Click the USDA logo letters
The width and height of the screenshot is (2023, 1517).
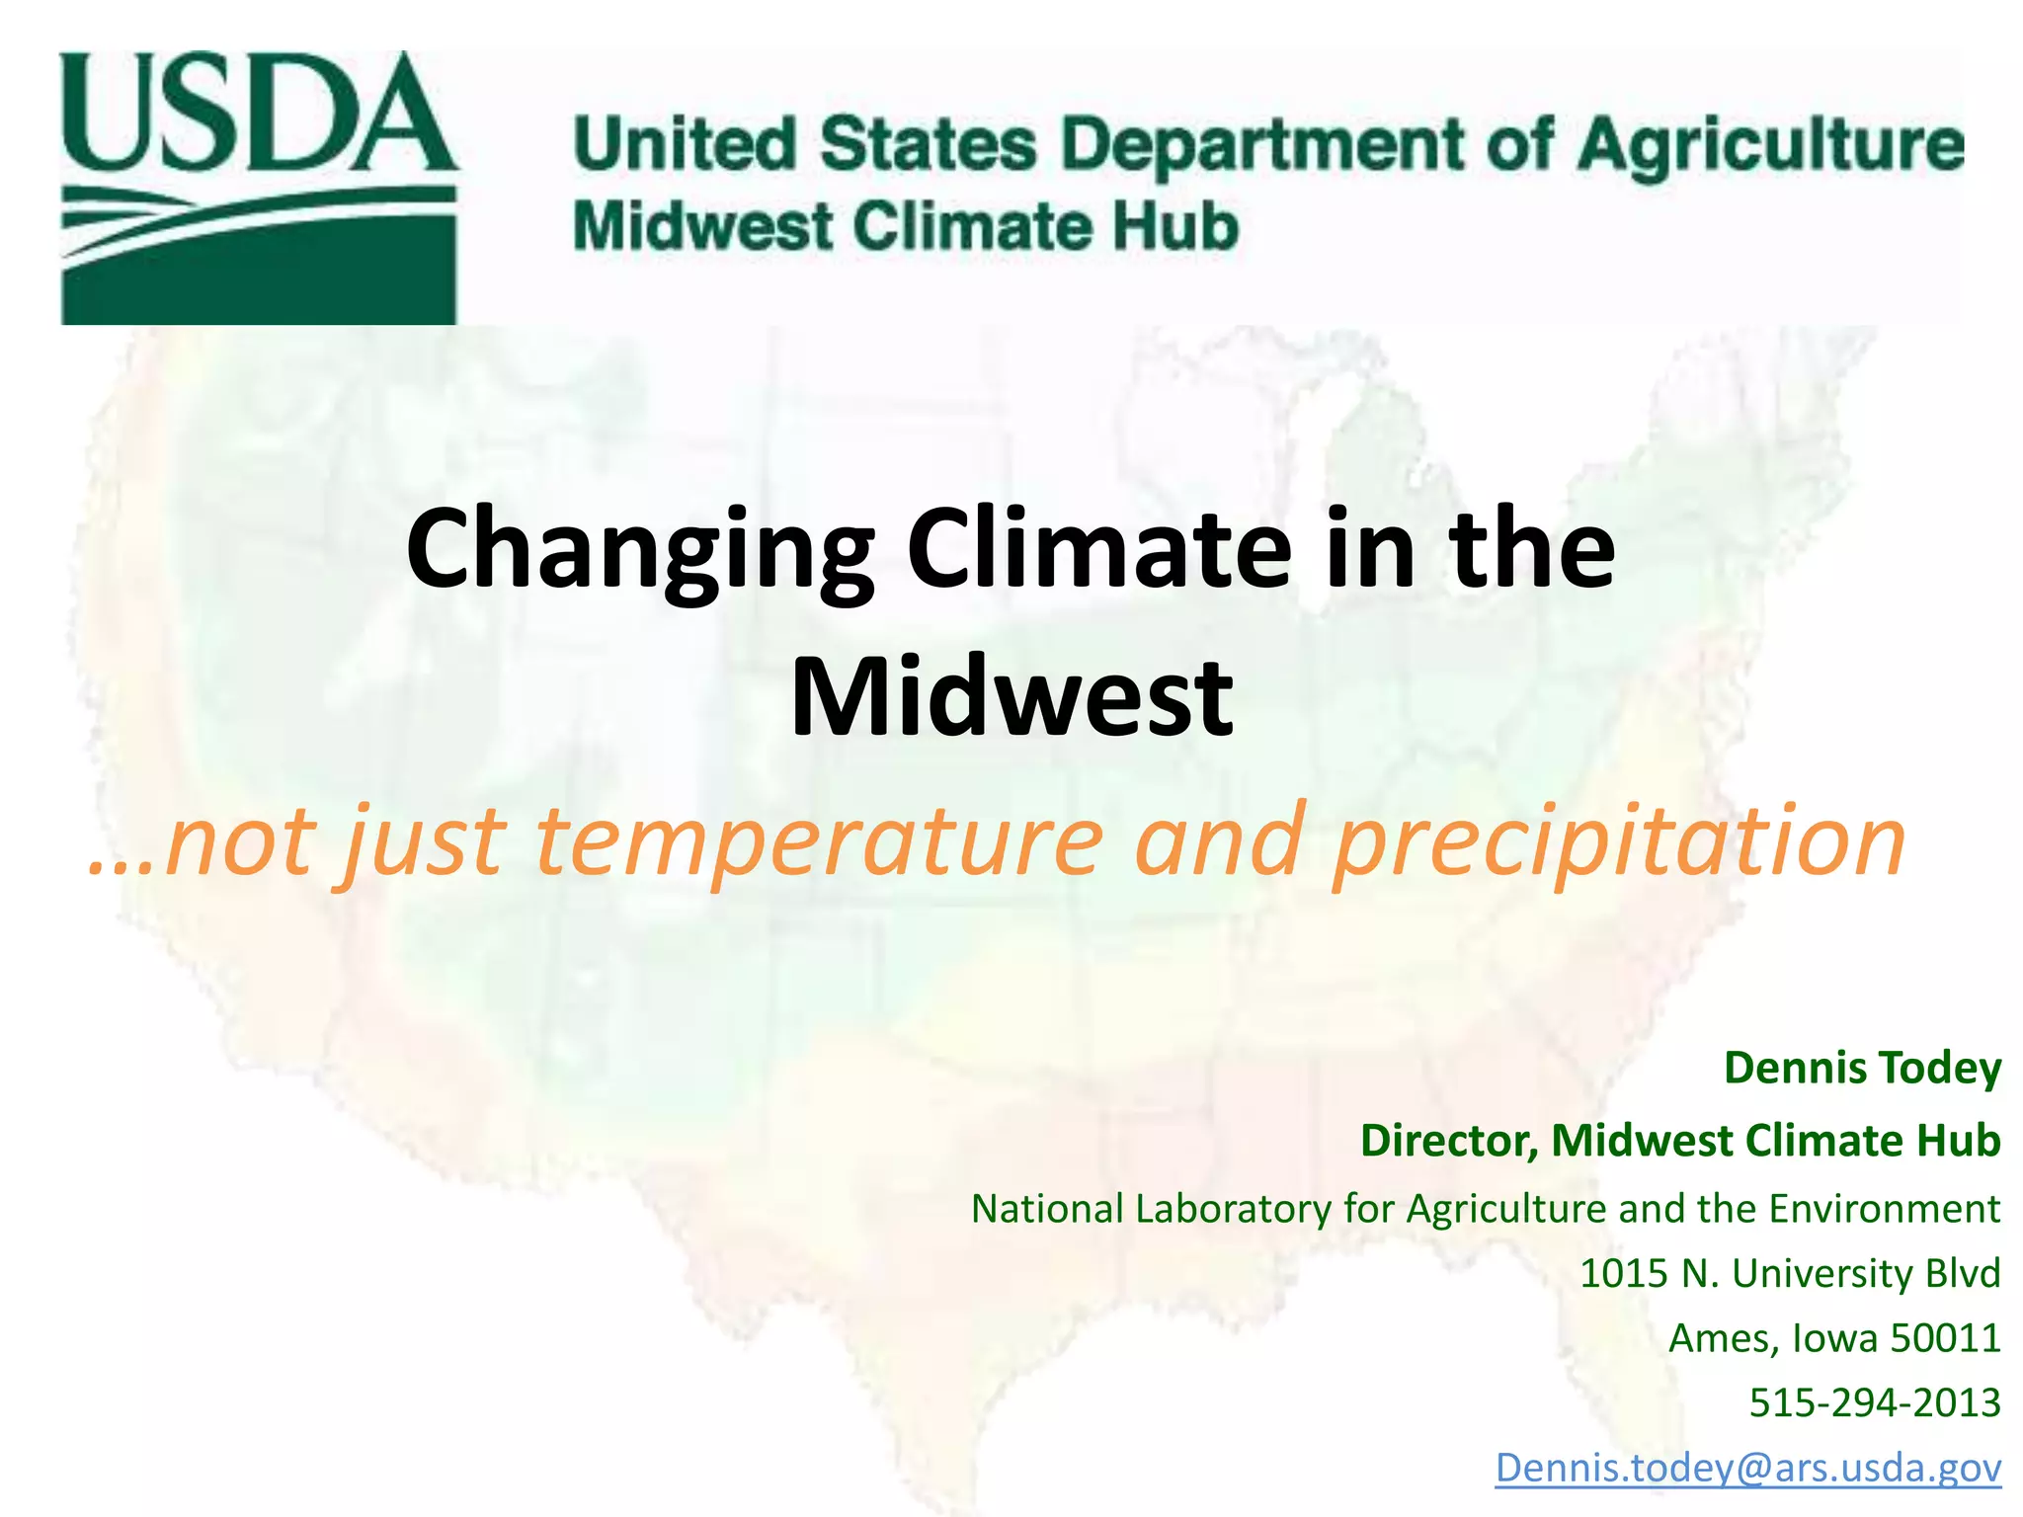pyautogui.click(x=259, y=114)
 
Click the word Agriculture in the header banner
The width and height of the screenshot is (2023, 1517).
pyautogui.click(x=1769, y=145)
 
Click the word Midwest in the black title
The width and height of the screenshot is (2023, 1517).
pyautogui.click(x=1011, y=697)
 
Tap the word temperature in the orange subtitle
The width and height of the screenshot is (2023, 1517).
pyautogui.click(x=819, y=841)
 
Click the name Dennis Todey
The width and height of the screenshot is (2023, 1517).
pyautogui.click(x=1862, y=1068)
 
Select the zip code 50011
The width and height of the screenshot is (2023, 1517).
pyautogui.click(x=1945, y=1338)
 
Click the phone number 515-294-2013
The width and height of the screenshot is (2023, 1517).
pyautogui.click(x=1874, y=1402)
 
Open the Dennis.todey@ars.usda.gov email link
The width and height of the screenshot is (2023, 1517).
pyautogui.click(x=1747, y=1468)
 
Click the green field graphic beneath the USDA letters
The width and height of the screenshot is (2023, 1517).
pyautogui.click(x=259, y=257)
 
